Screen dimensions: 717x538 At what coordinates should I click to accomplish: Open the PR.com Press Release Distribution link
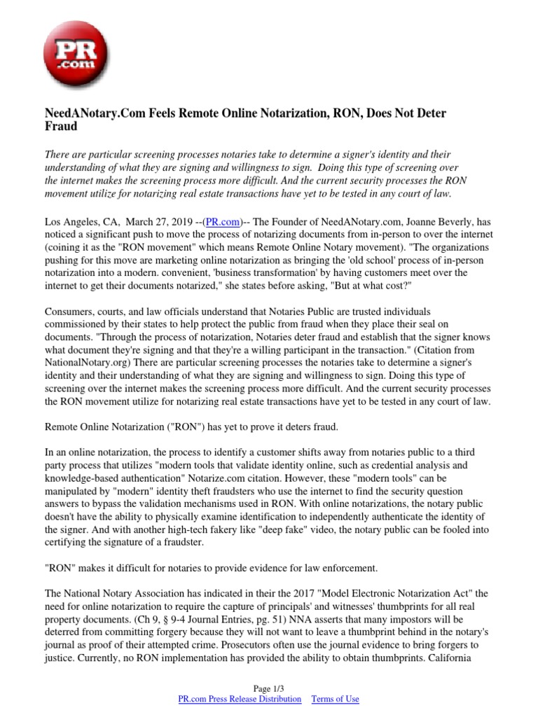(240, 699)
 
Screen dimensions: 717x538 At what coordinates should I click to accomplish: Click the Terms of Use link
(335, 699)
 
